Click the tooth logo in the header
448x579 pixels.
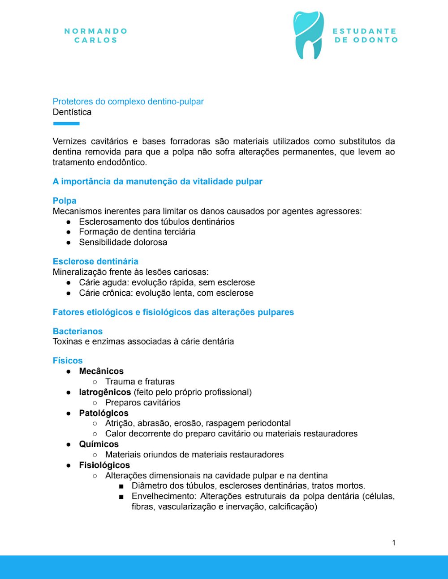click(308, 35)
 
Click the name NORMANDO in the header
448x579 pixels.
click(96, 31)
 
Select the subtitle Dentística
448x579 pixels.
click(72, 112)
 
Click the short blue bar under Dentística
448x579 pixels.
click(66, 123)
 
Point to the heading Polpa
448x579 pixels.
click(65, 200)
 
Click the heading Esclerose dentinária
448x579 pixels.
click(95, 261)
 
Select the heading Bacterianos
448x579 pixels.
click(78, 331)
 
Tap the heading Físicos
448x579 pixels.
click(68, 361)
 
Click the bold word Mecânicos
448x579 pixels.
click(101, 371)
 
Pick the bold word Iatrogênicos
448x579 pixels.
click(105, 392)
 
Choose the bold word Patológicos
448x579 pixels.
click(103, 413)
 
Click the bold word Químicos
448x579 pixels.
click(99, 444)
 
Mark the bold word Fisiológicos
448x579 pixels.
click(104, 465)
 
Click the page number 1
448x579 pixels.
click(394, 543)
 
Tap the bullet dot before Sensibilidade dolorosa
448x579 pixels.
click(69, 243)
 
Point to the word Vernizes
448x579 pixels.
click(71, 141)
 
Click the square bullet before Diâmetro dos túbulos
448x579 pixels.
click(121, 486)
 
